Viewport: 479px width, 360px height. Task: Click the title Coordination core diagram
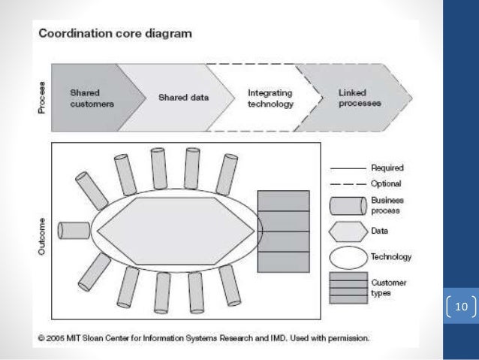coord(115,33)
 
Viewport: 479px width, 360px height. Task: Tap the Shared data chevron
coord(183,98)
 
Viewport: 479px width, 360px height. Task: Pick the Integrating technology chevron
coord(270,98)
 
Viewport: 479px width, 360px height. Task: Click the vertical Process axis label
coord(42,98)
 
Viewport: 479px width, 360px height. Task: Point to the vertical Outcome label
coord(42,236)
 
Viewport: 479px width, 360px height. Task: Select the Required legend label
coord(387,168)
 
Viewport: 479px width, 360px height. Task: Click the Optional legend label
coord(386,183)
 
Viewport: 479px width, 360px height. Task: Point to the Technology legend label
coord(391,257)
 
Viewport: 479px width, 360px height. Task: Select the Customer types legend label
coord(387,287)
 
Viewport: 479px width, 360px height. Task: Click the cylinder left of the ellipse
coord(74,230)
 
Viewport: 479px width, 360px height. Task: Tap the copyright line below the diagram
coord(203,338)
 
